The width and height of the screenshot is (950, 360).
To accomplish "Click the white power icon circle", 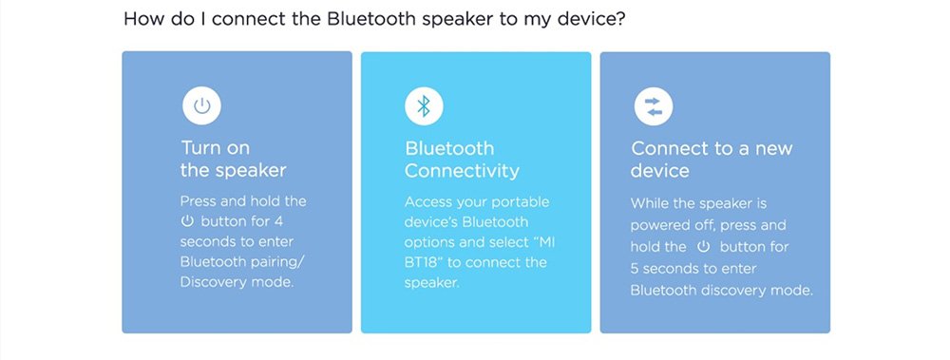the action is (201, 106).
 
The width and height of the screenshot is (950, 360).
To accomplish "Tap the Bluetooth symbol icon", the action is (424, 106).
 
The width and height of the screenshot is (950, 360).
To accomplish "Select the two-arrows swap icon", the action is (654, 106).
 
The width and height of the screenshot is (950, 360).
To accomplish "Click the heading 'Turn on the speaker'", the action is (234, 159).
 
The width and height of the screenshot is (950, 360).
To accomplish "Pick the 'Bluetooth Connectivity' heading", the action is (462, 160).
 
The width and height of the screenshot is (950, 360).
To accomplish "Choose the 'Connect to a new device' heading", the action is (712, 160).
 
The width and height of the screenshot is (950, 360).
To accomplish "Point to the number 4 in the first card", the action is (278, 221).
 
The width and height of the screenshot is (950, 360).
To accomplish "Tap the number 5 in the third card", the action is (636, 269).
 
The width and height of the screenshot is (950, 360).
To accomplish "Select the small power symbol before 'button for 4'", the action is (188, 221).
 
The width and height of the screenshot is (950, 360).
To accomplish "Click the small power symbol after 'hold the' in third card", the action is (703, 247).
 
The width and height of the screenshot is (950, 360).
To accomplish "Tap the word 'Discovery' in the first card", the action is (211, 282).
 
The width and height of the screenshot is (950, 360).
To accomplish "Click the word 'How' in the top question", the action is (140, 19).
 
